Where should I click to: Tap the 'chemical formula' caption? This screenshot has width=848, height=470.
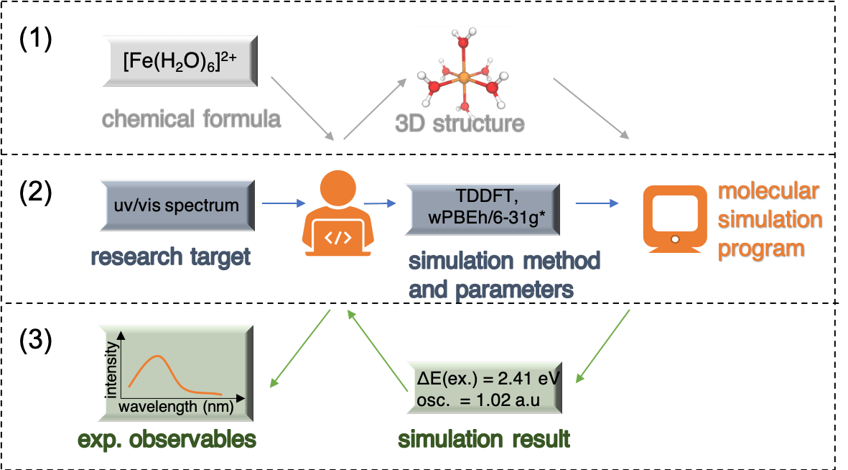pyautogui.click(x=191, y=118)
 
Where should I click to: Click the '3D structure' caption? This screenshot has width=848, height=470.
pyautogui.click(x=460, y=123)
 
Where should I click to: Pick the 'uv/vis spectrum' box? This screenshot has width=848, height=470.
pyautogui.click(x=177, y=206)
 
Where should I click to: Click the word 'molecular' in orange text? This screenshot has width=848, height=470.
pyautogui.click(x=768, y=192)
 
